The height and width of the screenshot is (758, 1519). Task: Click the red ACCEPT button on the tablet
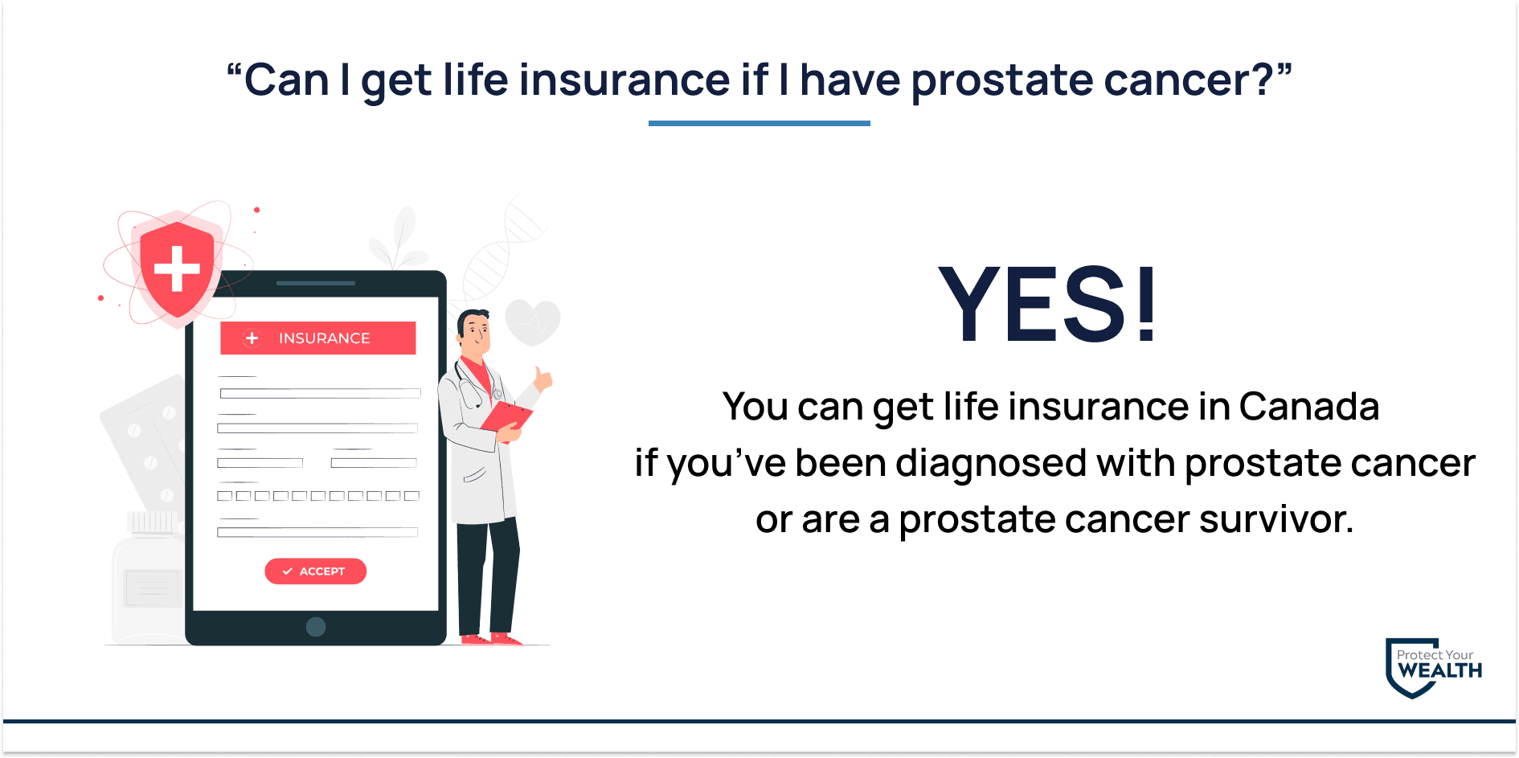pos(315,571)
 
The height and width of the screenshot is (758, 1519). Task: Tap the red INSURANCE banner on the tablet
pos(318,338)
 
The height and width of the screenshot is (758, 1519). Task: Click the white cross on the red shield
pos(177,268)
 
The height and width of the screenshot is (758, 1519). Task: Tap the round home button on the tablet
pos(316,627)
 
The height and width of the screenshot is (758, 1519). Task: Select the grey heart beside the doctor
pos(533,322)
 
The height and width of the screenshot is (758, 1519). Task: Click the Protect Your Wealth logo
pos(1434,668)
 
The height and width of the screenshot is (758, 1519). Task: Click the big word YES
pos(1033,305)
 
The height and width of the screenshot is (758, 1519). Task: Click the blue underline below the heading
pos(759,123)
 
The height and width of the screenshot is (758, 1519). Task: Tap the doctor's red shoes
pos(491,639)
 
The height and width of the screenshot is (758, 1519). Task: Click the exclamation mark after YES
pos(1147,305)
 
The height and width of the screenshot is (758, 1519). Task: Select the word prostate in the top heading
pos(1001,81)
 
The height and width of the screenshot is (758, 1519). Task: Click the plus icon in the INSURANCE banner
pos(252,338)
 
